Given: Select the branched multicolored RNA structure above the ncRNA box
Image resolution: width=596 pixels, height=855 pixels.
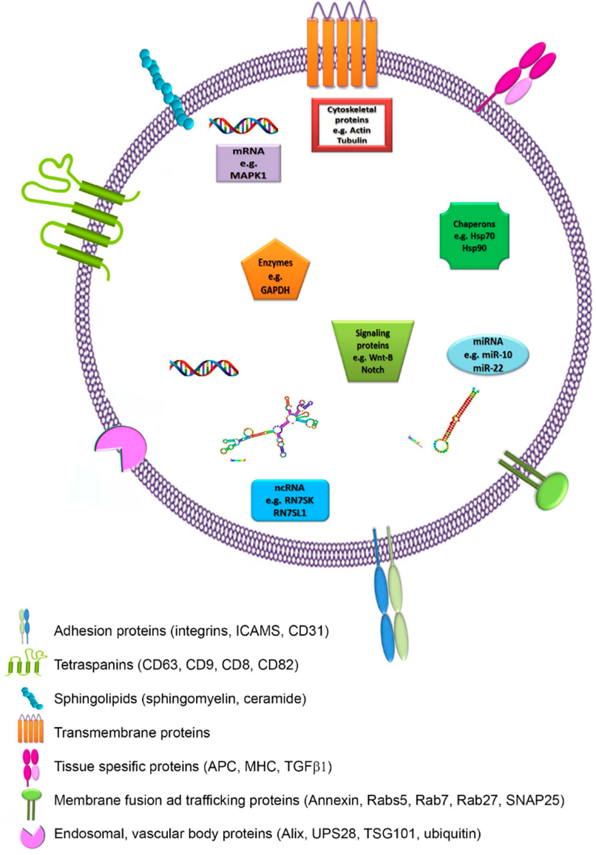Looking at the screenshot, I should click(277, 430).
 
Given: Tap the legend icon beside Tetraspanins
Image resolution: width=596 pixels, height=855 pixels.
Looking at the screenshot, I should click(29, 664).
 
